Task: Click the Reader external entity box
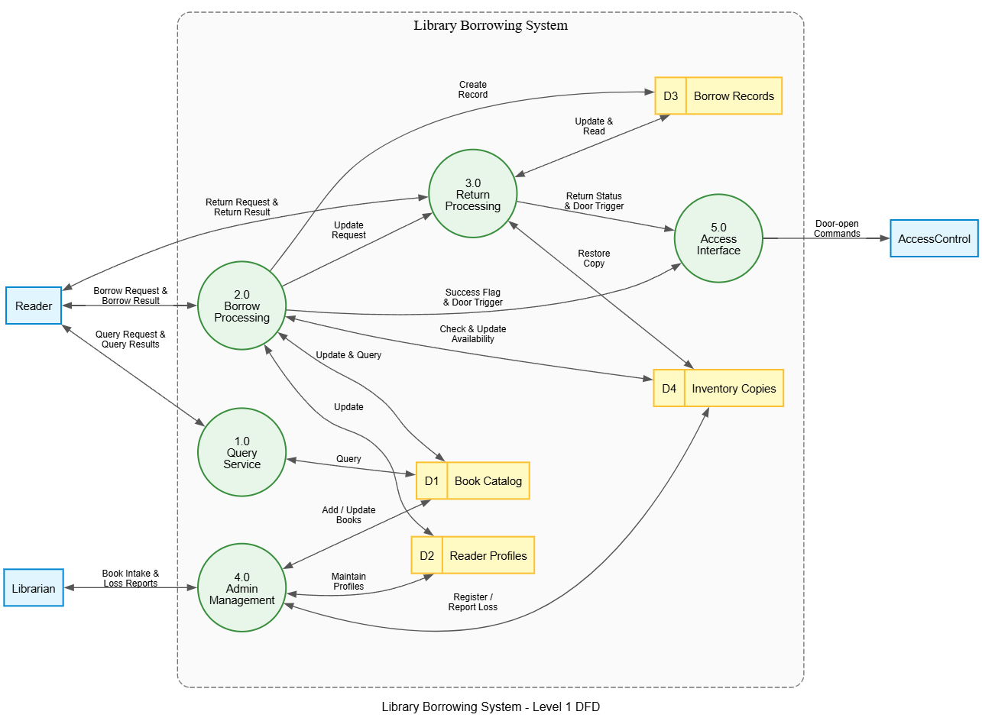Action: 34,306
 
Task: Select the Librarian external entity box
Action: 34,588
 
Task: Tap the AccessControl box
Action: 934,239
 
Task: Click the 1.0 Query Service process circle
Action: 241,452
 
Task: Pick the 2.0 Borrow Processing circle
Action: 241,306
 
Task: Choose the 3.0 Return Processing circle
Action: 472,194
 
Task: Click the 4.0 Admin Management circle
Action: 241,588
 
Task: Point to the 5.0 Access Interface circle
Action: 718,239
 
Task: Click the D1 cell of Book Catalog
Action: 432,481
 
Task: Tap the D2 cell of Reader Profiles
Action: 427,555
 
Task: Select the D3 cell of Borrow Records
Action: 671,96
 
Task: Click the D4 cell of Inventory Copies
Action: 669,388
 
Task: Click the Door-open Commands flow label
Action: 837,228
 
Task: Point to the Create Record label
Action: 472,89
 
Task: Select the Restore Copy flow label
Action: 594,258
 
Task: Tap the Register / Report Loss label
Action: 472,602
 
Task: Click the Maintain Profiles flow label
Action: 348,581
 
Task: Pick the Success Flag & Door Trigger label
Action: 472,297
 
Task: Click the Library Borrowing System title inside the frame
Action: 491,25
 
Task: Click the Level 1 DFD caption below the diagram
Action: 491,706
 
